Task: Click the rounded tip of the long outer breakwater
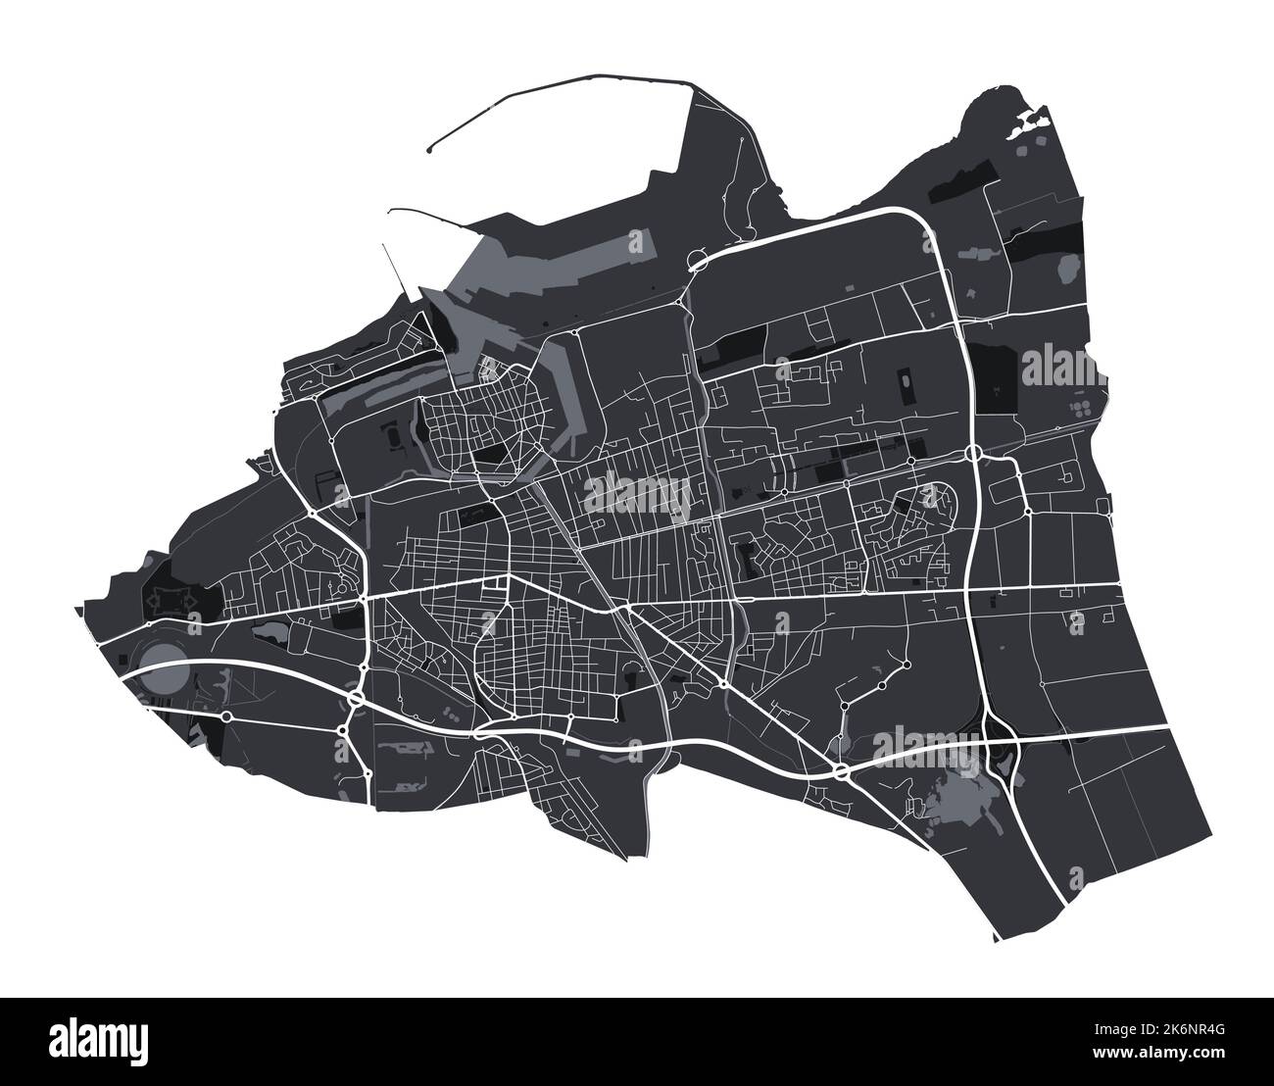(x=431, y=152)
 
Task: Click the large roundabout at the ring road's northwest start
(x=698, y=261)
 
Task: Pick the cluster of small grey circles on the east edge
(x=1081, y=410)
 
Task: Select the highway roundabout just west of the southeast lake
(x=842, y=773)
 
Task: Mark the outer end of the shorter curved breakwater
(x=390, y=209)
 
